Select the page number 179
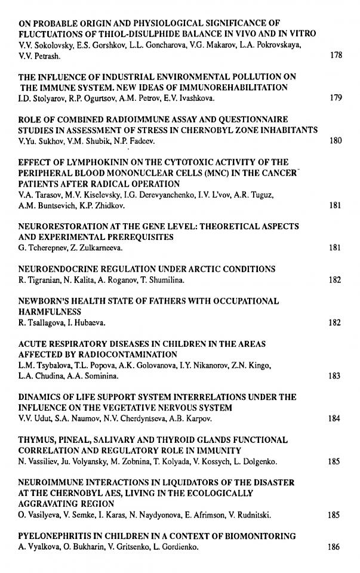(x=335, y=98)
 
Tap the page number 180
(x=335, y=141)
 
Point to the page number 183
(x=335, y=376)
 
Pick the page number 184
(x=335, y=419)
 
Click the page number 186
(x=335, y=547)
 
